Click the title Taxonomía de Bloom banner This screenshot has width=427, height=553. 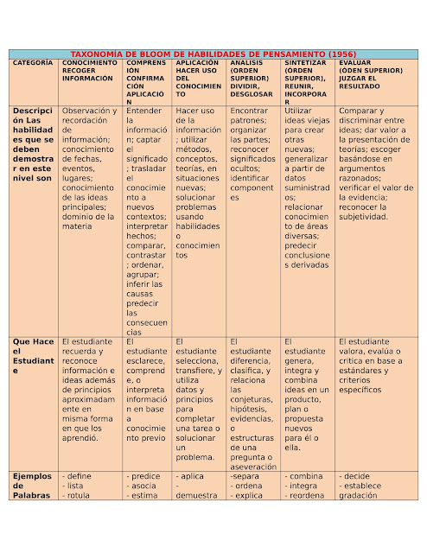[213, 54]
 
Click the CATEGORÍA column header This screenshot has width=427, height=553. [33, 64]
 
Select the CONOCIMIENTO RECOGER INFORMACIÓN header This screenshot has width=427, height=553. [91, 71]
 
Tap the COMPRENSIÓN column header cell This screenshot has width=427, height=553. [147, 78]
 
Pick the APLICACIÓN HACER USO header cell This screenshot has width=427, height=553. [198, 78]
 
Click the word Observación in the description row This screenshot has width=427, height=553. [89, 111]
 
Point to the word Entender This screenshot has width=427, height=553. [143, 111]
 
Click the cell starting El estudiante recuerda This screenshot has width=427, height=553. [90, 390]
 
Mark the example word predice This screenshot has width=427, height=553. [144, 476]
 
